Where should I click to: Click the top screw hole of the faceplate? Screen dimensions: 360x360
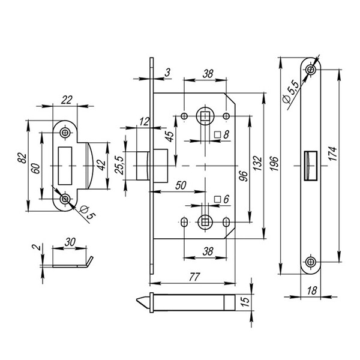point(310,71)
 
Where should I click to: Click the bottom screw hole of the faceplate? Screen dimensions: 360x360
point(310,262)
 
